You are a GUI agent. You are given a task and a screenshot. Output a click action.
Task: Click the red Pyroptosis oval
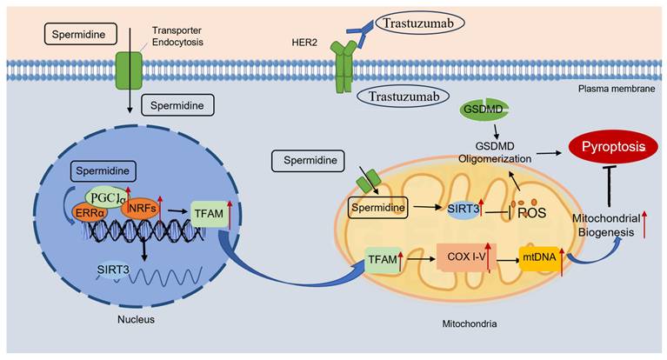609,149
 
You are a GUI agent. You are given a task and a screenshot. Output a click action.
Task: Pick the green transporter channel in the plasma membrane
128,70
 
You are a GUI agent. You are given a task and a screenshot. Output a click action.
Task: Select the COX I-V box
463,259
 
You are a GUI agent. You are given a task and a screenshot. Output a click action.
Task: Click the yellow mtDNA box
538,258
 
